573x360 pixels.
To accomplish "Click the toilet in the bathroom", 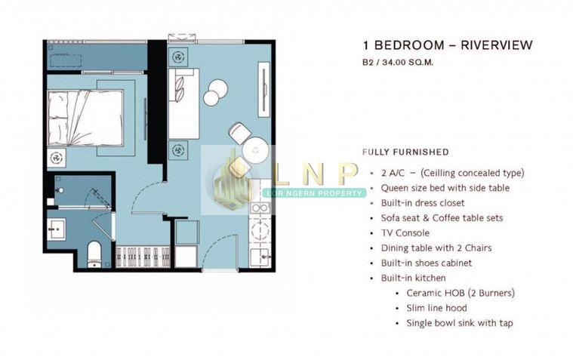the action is click(x=94, y=254).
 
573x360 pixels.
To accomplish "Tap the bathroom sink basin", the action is click(x=57, y=229).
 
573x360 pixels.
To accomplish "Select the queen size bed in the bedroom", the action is click(x=86, y=118).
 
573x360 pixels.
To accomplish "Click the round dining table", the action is click(x=255, y=150).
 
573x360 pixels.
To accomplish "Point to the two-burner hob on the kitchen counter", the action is click(x=260, y=208).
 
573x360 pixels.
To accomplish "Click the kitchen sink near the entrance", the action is click(x=260, y=257).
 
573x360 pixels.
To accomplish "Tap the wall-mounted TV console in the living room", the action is click(x=263, y=90).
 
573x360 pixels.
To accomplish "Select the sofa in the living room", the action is click(x=183, y=103).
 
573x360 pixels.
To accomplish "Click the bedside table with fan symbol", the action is click(x=57, y=158).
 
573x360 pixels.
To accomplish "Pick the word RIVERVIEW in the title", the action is click(x=496, y=45).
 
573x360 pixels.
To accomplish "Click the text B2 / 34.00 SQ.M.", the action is click(x=398, y=62).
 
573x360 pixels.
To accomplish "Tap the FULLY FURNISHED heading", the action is click(x=405, y=152).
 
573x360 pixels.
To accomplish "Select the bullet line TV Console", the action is click(x=405, y=232).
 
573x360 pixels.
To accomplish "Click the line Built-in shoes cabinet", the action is click(x=426, y=263).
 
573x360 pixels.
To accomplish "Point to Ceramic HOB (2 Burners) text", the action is click(x=461, y=293).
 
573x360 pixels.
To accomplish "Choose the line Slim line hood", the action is click(x=436, y=308).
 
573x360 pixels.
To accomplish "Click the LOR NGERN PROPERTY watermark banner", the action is click(x=315, y=193).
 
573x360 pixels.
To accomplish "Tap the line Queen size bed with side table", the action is click(x=445, y=188).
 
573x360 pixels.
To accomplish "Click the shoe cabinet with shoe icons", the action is click(x=143, y=256).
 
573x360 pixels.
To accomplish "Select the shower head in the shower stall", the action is click(x=60, y=190).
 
